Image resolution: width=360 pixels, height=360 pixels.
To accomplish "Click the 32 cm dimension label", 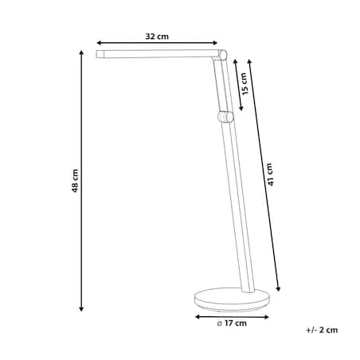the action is click(x=157, y=37).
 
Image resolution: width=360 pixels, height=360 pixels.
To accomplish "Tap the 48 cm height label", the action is click(x=75, y=181).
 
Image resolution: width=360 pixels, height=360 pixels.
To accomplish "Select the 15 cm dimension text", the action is click(x=245, y=84).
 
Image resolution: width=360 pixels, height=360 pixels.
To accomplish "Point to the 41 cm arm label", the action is click(x=270, y=174).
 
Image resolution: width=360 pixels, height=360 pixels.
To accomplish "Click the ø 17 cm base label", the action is click(x=232, y=323).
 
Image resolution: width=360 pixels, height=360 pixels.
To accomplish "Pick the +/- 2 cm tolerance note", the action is click(x=322, y=330).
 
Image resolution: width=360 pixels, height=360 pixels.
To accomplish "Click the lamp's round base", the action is click(x=232, y=299).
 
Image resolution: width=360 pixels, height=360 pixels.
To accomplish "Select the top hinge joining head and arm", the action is click(x=222, y=55).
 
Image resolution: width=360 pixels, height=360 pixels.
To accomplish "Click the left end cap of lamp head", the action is click(x=100, y=54).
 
